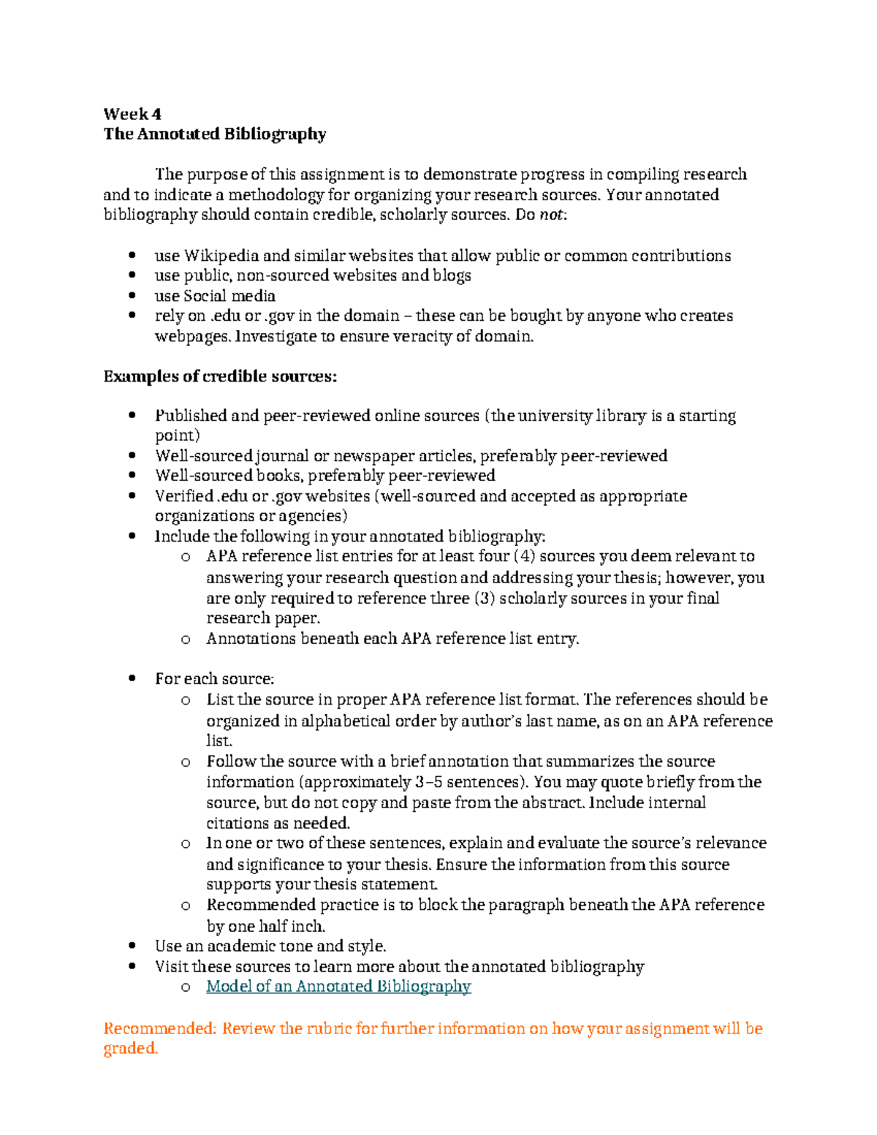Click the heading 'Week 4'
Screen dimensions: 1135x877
(132, 114)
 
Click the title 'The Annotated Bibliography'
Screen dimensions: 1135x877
(214, 134)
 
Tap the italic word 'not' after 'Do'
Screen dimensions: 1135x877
(551, 215)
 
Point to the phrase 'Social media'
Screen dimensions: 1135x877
(229, 296)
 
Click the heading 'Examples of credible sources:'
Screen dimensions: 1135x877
(220, 376)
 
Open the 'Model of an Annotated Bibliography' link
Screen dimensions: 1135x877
(338, 987)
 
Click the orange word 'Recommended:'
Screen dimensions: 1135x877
(160, 1029)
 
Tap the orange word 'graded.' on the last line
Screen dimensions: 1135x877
(131, 1049)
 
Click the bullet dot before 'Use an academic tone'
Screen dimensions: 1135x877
(132, 946)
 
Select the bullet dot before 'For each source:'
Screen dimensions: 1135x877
(132, 679)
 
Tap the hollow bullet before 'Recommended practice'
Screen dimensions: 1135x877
(186, 906)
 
